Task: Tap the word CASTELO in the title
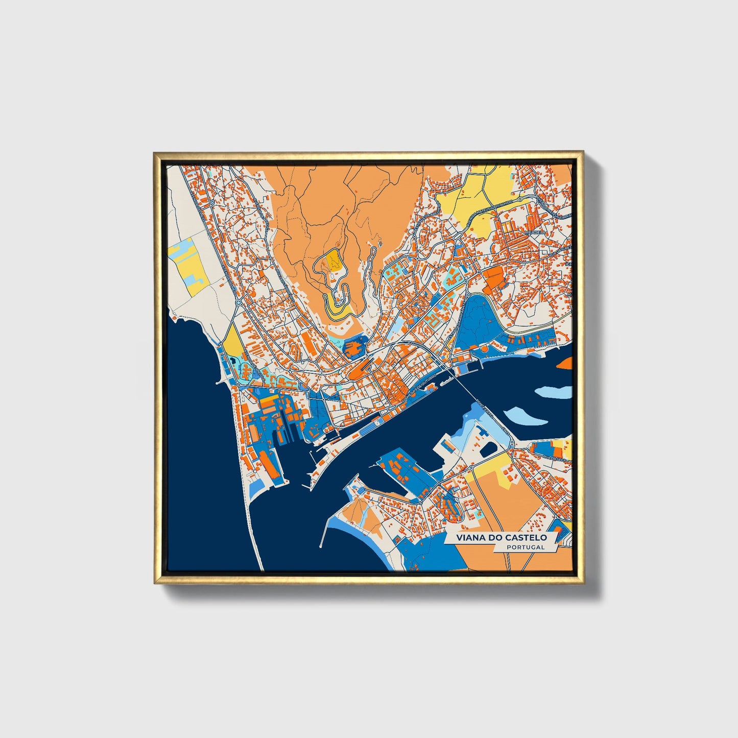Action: (x=526, y=538)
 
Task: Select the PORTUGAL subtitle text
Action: (x=526, y=547)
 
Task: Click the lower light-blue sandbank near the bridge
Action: (x=526, y=417)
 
